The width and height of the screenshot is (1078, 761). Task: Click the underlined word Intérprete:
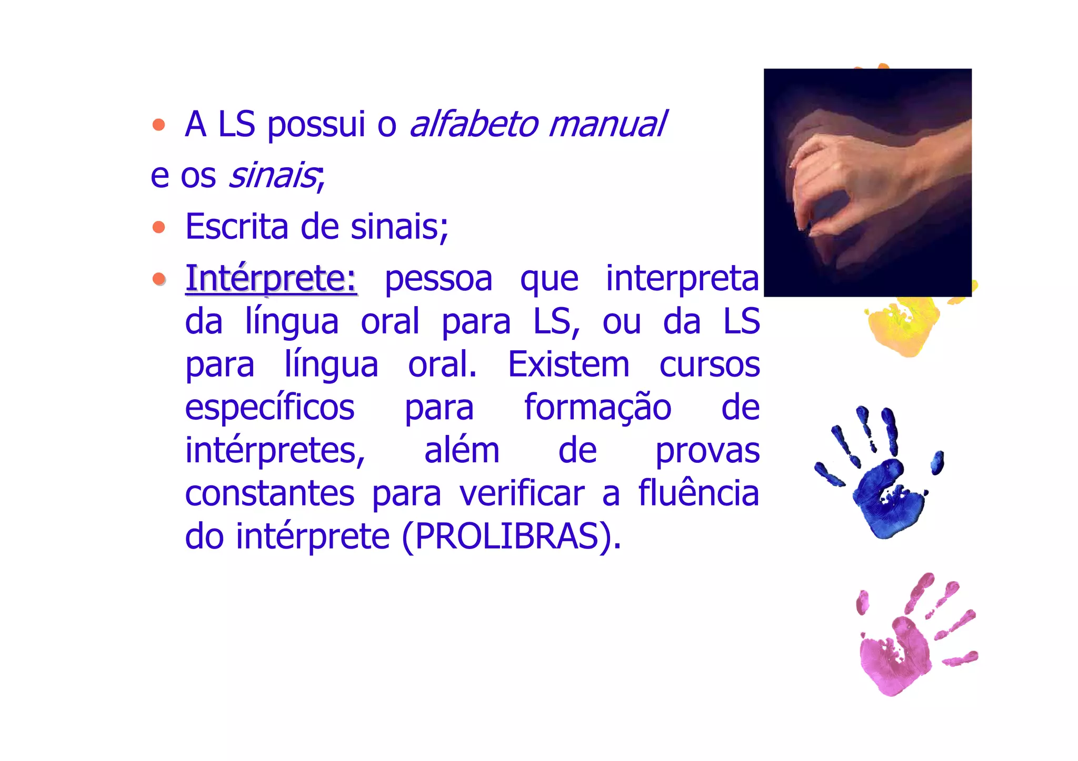[x=271, y=278]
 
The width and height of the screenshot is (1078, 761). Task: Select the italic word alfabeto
[x=474, y=124]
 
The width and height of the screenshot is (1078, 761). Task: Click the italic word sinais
[x=272, y=175]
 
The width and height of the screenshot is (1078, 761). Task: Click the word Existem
[x=568, y=364]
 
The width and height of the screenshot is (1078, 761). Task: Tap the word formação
[x=597, y=408]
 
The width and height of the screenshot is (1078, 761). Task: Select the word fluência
[x=698, y=493]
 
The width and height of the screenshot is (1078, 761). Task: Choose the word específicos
[x=269, y=408]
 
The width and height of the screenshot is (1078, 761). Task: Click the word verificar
[x=522, y=493]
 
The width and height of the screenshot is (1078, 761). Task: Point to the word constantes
[x=269, y=493]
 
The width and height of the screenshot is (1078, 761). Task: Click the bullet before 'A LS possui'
[x=158, y=125]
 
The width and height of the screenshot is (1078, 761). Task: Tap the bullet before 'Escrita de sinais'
[x=158, y=227]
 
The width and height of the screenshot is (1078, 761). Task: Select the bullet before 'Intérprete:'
[x=158, y=278]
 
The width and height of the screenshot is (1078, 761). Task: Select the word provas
[x=707, y=451]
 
